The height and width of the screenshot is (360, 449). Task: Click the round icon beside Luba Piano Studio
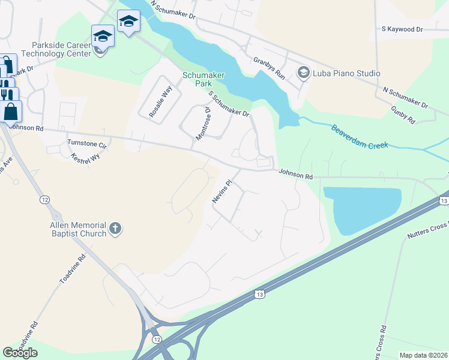(303, 73)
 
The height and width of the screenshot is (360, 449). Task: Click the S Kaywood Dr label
(402, 29)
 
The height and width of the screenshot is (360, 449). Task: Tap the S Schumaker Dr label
(229, 103)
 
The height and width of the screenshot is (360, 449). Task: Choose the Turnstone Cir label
(86, 144)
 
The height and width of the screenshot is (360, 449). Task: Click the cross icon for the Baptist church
(116, 229)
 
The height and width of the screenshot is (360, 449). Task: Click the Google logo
(20, 353)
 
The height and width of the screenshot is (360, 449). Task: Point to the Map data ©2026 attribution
(423, 355)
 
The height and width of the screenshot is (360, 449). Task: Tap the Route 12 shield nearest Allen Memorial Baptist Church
(44, 199)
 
